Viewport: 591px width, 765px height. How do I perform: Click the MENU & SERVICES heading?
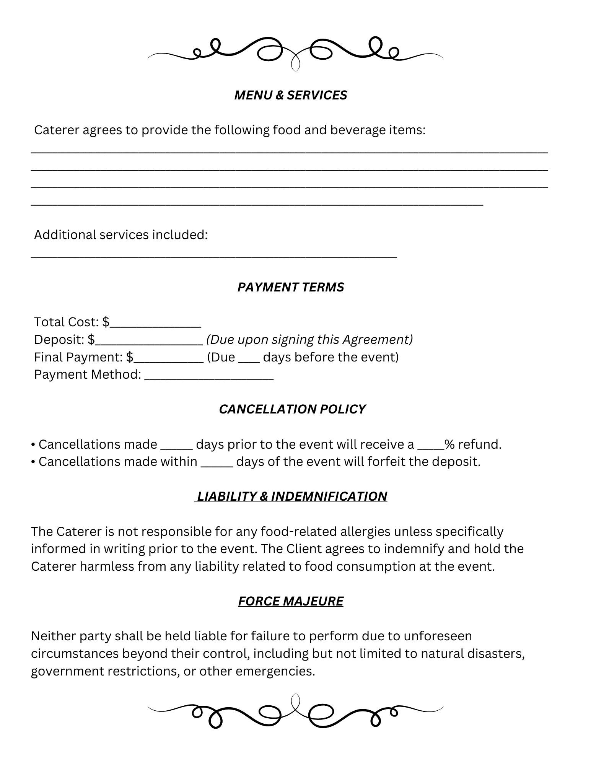[290, 95]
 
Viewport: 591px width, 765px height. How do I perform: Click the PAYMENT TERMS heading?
[290, 287]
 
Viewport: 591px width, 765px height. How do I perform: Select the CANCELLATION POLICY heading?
[292, 409]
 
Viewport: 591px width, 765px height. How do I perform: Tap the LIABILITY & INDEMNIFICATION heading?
[291, 496]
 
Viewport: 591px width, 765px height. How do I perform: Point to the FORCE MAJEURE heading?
[290, 601]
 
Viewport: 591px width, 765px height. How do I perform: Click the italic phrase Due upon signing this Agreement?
[309, 340]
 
